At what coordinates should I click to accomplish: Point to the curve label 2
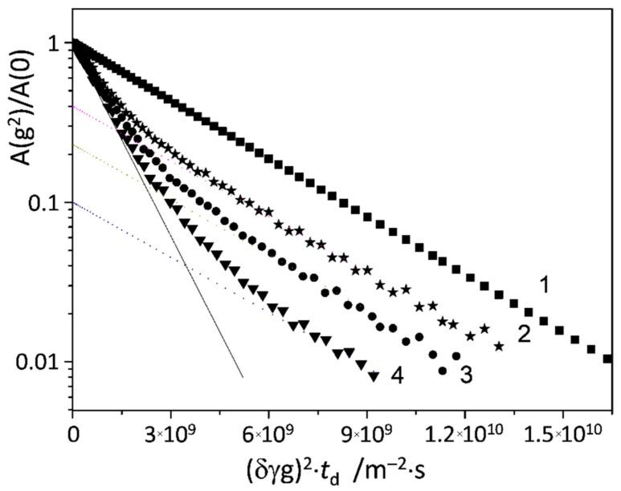click(x=522, y=335)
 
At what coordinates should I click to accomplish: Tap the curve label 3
click(x=466, y=373)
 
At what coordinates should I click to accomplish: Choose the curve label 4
click(x=397, y=375)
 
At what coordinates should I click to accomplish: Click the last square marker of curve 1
click(x=607, y=359)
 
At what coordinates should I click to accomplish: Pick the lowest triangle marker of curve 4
click(x=374, y=376)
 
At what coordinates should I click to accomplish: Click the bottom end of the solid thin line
click(x=242, y=376)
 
